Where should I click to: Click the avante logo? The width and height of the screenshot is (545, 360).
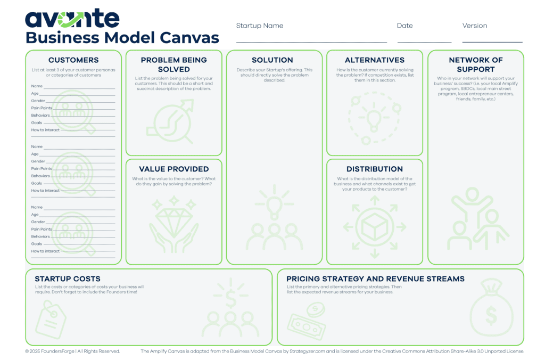coord(72,18)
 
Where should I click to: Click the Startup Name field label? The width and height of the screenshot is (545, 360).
coord(260,26)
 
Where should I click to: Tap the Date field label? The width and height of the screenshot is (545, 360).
coord(405,26)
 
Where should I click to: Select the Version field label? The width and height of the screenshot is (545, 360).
coord(475,26)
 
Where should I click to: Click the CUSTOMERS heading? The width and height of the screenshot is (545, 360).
coord(73,60)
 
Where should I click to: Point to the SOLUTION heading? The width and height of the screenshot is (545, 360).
coord(272,60)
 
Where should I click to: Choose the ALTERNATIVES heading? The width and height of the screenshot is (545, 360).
coord(375,60)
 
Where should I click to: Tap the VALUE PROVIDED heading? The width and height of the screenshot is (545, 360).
coord(174,169)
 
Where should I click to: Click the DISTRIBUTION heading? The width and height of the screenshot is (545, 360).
coord(375,169)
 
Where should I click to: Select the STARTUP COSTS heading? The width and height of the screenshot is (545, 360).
coord(68,279)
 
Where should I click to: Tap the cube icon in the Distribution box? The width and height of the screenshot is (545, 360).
coord(375,227)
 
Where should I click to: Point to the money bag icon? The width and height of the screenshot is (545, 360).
coord(491,307)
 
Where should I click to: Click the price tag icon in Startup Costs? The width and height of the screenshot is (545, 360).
coord(51,320)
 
